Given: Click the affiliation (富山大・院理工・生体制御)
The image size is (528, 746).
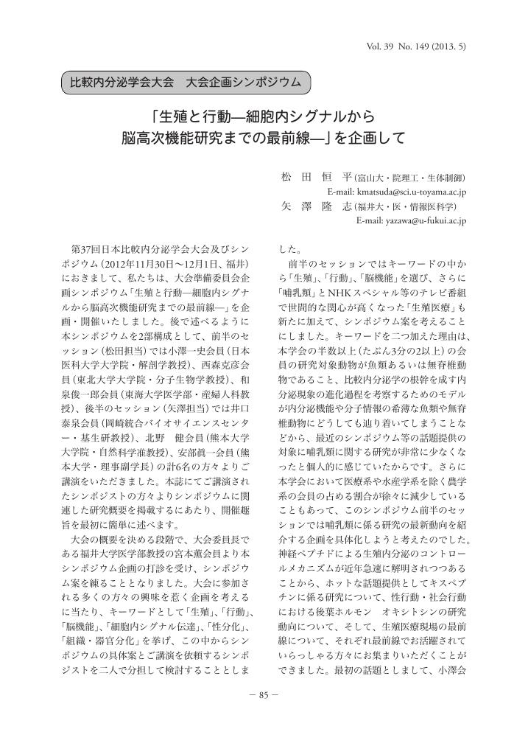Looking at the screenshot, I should pyautogui.click(x=409, y=178).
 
